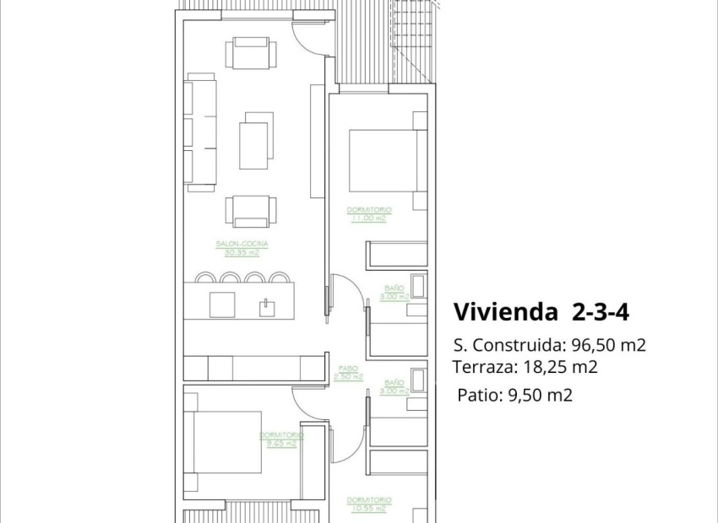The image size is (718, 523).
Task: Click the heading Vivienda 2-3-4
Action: coord(541,312)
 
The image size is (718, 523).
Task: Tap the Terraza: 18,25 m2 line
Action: coord(525,367)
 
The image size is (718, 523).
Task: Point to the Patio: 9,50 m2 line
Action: coord(514,394)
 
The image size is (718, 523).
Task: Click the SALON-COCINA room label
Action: coord(242,244)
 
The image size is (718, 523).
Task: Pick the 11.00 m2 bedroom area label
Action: coord(368,218)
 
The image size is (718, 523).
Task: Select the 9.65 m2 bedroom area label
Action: coord(280,443)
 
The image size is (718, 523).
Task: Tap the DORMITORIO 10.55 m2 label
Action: coord(369,504)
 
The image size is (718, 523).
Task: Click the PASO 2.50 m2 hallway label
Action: coord(346,373)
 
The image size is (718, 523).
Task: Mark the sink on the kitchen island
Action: coord(266,305)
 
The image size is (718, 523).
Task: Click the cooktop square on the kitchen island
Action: coord(222,305)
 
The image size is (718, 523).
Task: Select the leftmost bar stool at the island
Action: coord(205,276)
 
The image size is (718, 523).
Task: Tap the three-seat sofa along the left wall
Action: coord(201,132)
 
